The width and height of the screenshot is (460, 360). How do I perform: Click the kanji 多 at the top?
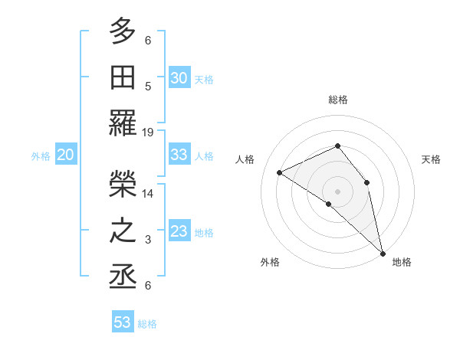pos(123,32)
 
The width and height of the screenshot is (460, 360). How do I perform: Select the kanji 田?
pos(123,77)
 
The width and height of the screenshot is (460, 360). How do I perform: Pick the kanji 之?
pos(123,231)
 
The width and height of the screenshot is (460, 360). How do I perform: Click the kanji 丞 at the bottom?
pos(123,277)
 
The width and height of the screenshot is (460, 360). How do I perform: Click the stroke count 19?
pos(148,132)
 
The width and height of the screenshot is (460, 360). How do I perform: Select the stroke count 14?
pos(148,194)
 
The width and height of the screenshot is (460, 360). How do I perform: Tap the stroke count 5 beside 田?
pos(148,87)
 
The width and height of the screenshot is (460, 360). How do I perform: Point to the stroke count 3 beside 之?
pos(148,240)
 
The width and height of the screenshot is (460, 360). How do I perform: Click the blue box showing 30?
pos(179,77)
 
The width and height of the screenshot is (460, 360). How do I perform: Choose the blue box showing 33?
pos(179,155)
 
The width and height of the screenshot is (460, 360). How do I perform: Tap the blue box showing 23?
pos(179,231)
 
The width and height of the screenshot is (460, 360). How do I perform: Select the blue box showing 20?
pos(66,155)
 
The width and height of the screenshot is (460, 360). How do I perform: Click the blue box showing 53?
pos(123,322)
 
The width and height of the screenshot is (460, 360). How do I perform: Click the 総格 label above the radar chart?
pos(338,100)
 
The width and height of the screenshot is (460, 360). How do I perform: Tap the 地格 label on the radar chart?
pos(402,262)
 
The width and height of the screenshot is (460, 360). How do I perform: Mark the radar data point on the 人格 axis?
pos(280,172)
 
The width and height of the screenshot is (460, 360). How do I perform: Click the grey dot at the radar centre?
pos(337,190)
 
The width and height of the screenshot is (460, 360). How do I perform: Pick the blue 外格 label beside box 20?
pos(41,156)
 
